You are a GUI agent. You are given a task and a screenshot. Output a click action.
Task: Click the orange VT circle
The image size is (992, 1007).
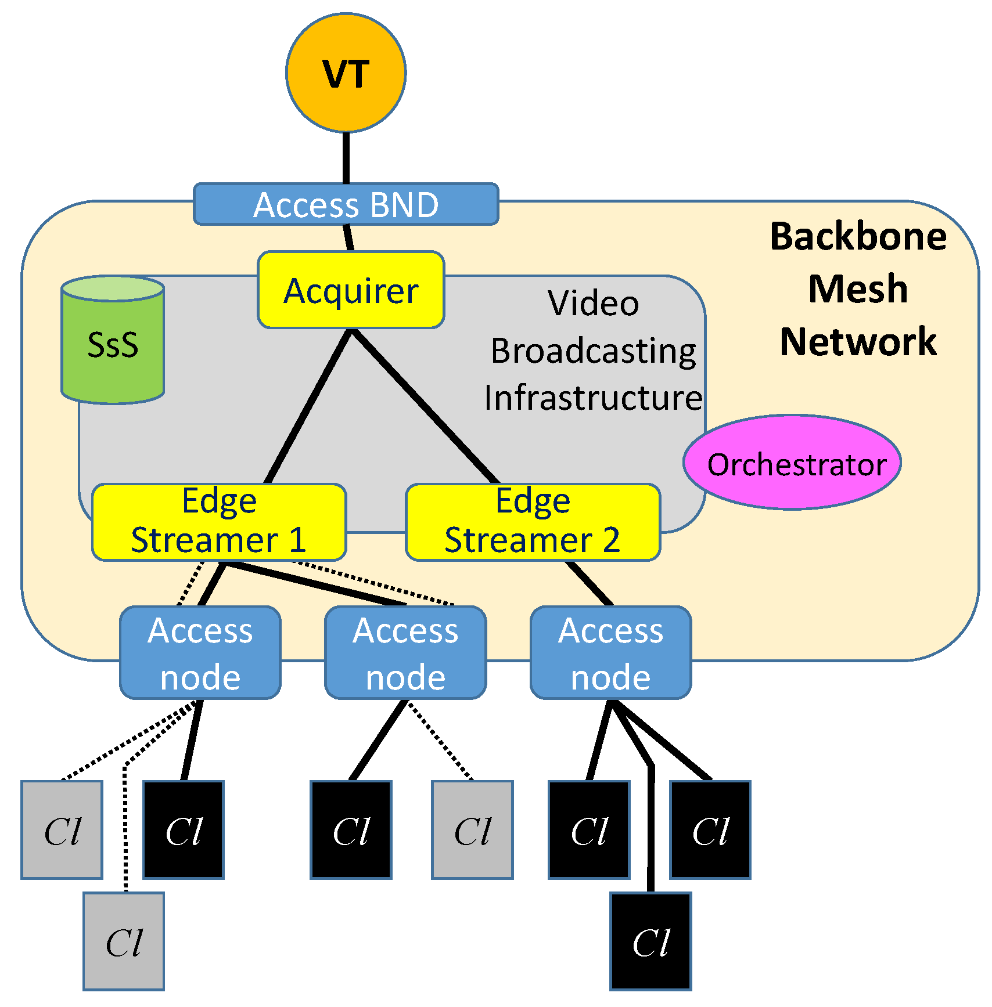pos(346,73)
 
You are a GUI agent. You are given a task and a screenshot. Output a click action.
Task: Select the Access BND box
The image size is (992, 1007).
pos(346,204)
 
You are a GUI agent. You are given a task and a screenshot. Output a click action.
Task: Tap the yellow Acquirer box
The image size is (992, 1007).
pos(351,290)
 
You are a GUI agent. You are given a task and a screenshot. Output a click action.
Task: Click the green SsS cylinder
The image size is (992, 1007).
pos(113,342)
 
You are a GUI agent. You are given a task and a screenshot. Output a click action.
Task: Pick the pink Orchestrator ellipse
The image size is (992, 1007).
pos(792,463)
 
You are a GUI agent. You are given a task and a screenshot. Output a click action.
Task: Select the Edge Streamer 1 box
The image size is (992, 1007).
pos(219,522)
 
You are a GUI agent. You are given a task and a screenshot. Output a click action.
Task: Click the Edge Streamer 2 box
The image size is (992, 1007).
pos(533,522)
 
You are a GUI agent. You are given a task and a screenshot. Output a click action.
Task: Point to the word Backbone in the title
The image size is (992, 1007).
pos(858,237)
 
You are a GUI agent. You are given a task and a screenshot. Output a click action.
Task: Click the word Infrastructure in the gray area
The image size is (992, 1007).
pos(593,398)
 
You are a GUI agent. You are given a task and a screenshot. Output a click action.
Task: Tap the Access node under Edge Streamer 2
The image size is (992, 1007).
pos(610,653)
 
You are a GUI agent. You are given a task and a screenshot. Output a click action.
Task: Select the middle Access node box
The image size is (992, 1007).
pos(405,653)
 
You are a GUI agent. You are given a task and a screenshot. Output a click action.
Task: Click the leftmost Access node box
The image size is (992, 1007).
pos(200,653)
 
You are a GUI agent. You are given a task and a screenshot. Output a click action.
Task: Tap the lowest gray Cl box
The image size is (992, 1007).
pos(124,941)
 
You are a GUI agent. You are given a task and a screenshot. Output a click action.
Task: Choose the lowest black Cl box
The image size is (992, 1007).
pos(650,941)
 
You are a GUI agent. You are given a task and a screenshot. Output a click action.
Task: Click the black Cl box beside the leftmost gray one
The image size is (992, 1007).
pos(184,830)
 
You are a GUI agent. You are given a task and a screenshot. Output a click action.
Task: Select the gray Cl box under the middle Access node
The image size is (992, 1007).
pos(472,830)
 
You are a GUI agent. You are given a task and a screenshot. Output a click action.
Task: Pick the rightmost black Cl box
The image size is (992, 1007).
pos(710,830)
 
